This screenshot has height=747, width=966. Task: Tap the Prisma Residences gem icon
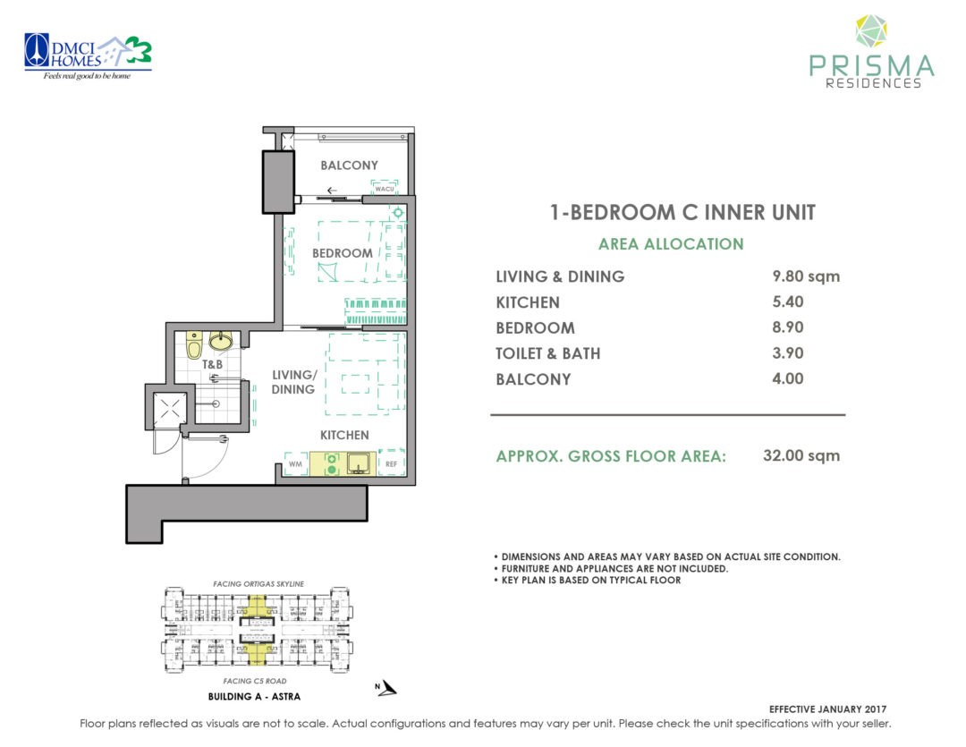click(870, 30)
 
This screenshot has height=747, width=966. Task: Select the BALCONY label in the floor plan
click(349, 166)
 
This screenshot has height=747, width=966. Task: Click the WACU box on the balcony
click(386, 188)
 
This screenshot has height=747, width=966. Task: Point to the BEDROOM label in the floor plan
click(342, 253)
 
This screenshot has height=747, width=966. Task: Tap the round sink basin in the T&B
click(220, 341)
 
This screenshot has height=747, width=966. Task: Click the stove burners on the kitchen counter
click(331, 463)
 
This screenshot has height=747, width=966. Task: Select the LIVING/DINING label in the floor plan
click(293, 382)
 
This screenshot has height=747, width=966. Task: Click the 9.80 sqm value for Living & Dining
click(806, 276)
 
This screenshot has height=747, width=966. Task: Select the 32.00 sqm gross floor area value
click(801, 455)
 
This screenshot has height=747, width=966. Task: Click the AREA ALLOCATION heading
click(671, 244)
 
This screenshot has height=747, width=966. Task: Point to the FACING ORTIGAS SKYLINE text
click(258, 583)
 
